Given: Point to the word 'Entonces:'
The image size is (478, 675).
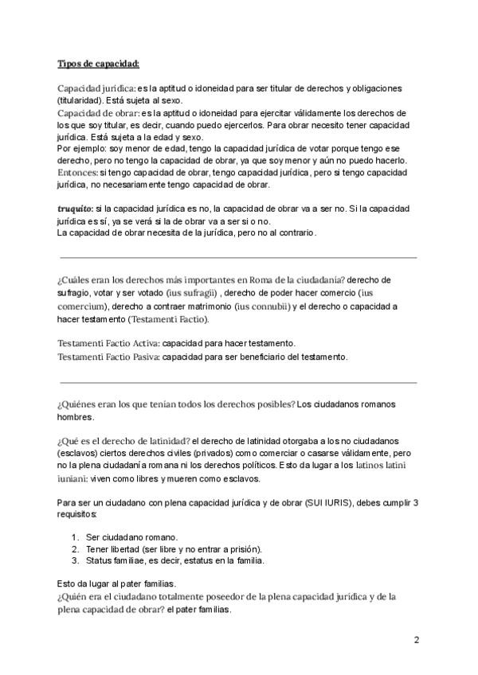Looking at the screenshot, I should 78,172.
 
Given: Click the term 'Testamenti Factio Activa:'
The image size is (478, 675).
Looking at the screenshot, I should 108,344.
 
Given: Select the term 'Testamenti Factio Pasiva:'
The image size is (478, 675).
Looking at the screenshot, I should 108,357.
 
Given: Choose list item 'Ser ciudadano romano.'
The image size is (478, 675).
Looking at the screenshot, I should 131,536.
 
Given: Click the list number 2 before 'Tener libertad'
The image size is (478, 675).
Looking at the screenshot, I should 73,548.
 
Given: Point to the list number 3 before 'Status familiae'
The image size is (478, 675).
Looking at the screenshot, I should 73,560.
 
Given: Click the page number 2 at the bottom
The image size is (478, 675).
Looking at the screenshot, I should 417,639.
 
